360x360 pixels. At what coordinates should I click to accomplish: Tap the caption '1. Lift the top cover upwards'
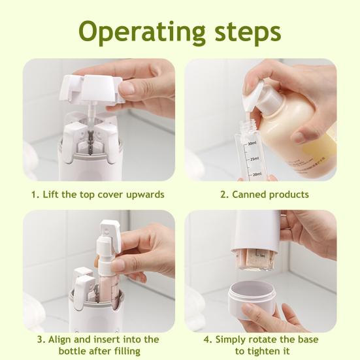coord(97,194)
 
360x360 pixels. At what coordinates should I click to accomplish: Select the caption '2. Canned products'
coord(265,194)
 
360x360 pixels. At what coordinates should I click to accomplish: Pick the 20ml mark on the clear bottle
coord(255,173)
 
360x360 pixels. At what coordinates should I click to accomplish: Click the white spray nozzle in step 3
coord(108,235)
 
